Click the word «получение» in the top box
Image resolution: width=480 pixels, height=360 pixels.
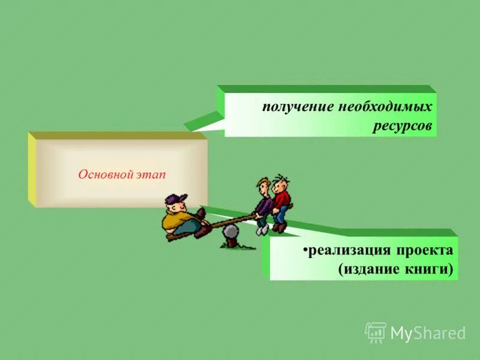(x=290, y=109)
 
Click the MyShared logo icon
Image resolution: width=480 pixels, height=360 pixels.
(x=376, y=332)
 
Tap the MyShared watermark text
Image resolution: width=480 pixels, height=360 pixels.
(x=428, y=333)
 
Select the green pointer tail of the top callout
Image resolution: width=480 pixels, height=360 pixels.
(x=201, y=122)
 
